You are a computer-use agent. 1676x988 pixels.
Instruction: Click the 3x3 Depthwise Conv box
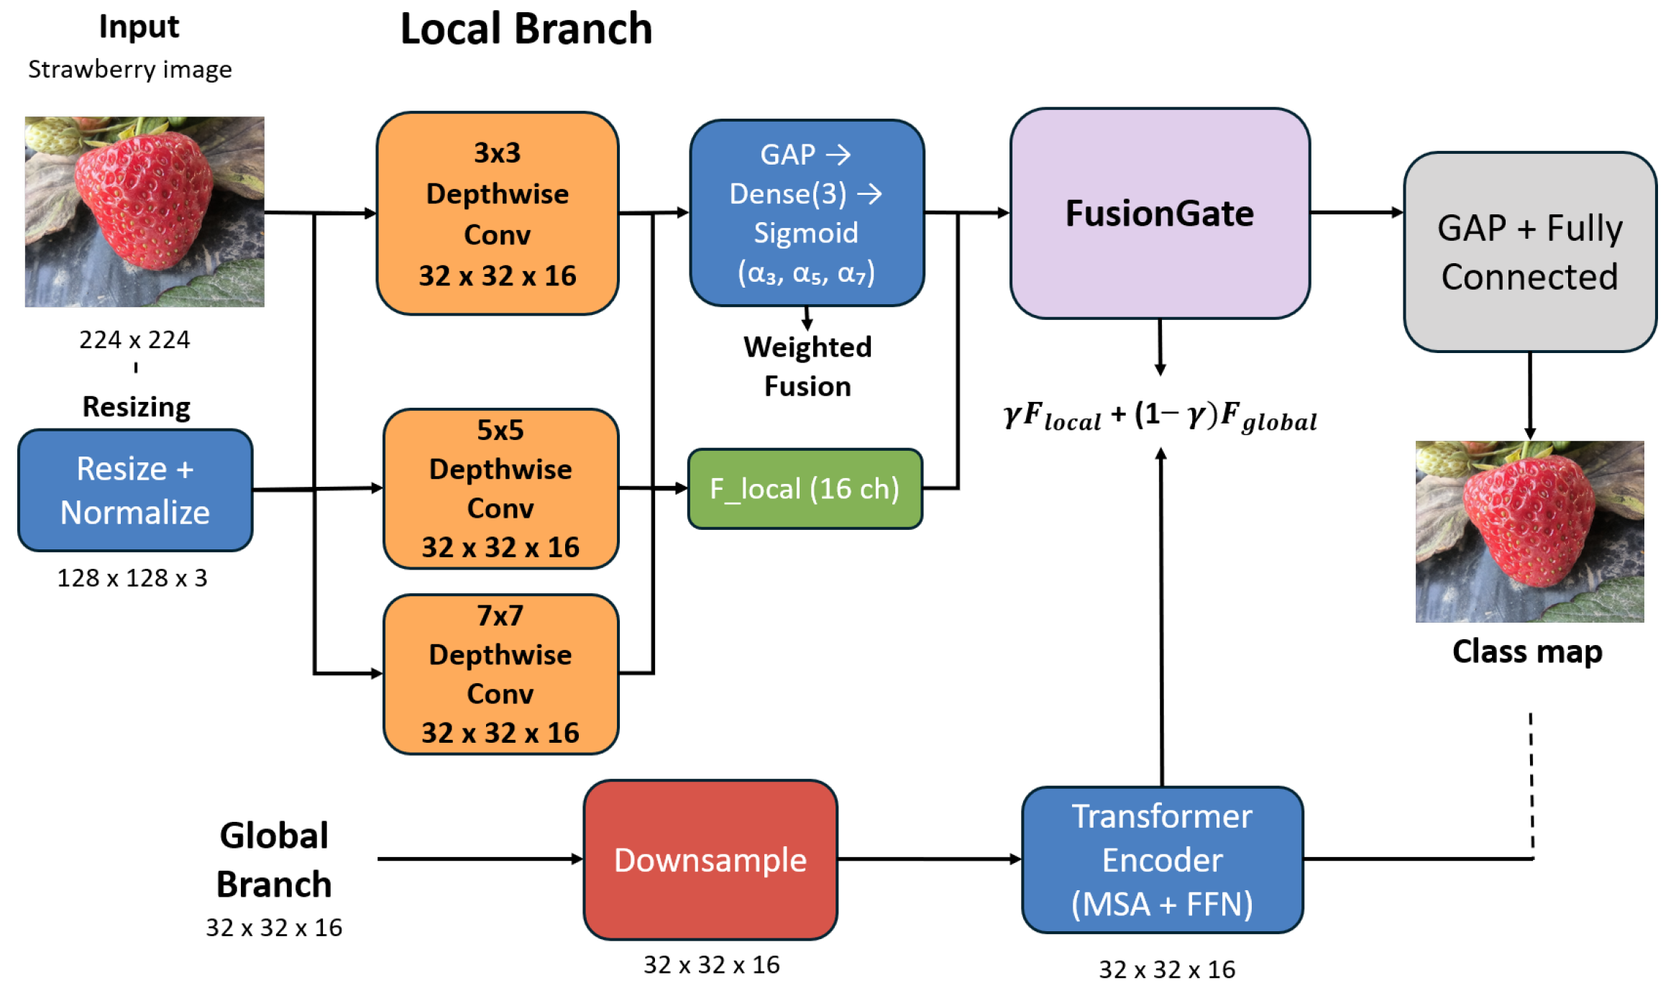pyautogui.click(x=497, y=214)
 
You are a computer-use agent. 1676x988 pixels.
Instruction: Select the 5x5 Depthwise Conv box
pyautogui.click(x=500, y=489)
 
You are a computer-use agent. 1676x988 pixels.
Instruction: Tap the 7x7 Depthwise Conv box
pyautogui.click(x=500, y=674)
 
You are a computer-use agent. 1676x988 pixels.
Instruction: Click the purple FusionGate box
pyautogui.click(x=1159, y=214)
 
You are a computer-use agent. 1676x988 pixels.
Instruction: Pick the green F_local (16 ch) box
pyautogui.click(x=805, y=489)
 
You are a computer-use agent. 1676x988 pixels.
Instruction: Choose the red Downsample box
pyautogui.click(x=710, y=860)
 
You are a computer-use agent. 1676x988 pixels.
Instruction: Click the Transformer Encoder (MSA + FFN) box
pyautogui.click(x=1162, y=860)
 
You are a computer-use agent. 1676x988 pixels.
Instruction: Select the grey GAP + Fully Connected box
pyautogui.click(x=1529, y=252)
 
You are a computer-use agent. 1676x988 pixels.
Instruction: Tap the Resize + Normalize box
pyautogui.click(x=135, y=490)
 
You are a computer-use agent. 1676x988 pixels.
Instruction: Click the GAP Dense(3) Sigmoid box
pyautogui.click(x=806, y=213)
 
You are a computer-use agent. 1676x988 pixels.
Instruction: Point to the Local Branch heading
pyautogui.click(x=526, y=29)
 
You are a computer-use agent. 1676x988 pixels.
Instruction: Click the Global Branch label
pyautogui.click(x=274, y=860)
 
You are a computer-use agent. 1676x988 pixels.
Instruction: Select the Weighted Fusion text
pyautogui.click(x=807, y=367)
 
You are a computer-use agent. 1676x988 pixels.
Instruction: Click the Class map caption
pyautogui.click(x=1527, y=651)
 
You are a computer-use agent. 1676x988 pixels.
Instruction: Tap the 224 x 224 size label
pyautogui.click(x=134, y=339)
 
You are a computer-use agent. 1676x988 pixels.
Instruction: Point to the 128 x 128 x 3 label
pyautogui.click(x=132, y=578)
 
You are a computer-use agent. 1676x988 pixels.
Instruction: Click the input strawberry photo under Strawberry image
pyautogui.click(x=145, y=212)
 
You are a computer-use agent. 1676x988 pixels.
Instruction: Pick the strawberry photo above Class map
pyautogui.click(x=1529, y=531)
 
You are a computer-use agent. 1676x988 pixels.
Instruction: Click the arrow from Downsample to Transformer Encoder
pyautogui.click(x=929, y=859)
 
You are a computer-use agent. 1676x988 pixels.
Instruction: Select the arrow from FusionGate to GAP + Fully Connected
pyautogui.click(x=1356, y=212)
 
